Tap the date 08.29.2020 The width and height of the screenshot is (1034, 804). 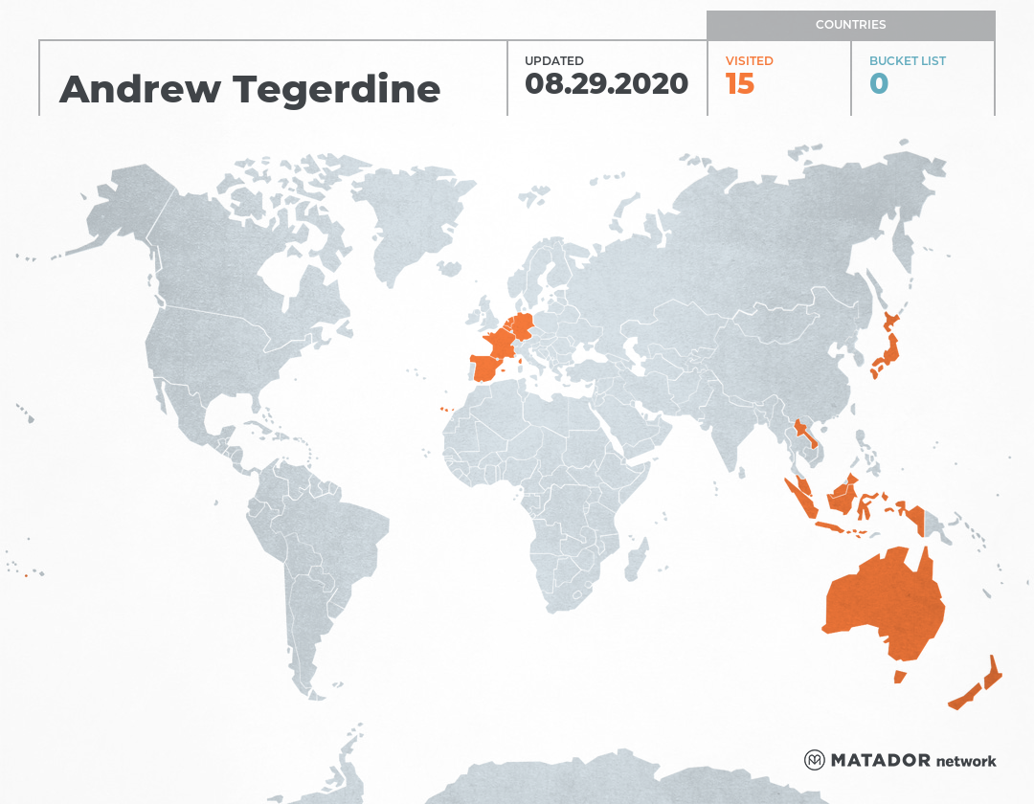[606, 83]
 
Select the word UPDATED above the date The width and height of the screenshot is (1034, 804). [553, 61]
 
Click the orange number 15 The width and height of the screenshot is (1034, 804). [739, 84]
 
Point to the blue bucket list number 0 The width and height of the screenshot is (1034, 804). [879, 84]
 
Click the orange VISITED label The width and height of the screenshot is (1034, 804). [749, 61]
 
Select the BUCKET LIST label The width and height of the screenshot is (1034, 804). [907, 61]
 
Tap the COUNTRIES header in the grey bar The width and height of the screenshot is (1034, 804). [850, 25]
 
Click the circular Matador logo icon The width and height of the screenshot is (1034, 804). [814, 760]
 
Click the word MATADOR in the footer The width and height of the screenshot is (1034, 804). [880, 761]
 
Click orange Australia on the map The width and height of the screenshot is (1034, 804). [881, 603]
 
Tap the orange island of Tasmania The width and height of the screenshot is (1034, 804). [899, 677]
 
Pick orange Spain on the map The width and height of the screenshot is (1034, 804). [488, 368]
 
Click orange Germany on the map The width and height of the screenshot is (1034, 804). [523, 325]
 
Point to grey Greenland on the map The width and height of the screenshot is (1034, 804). [407, 220]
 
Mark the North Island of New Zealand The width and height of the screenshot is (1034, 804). [994, 672]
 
